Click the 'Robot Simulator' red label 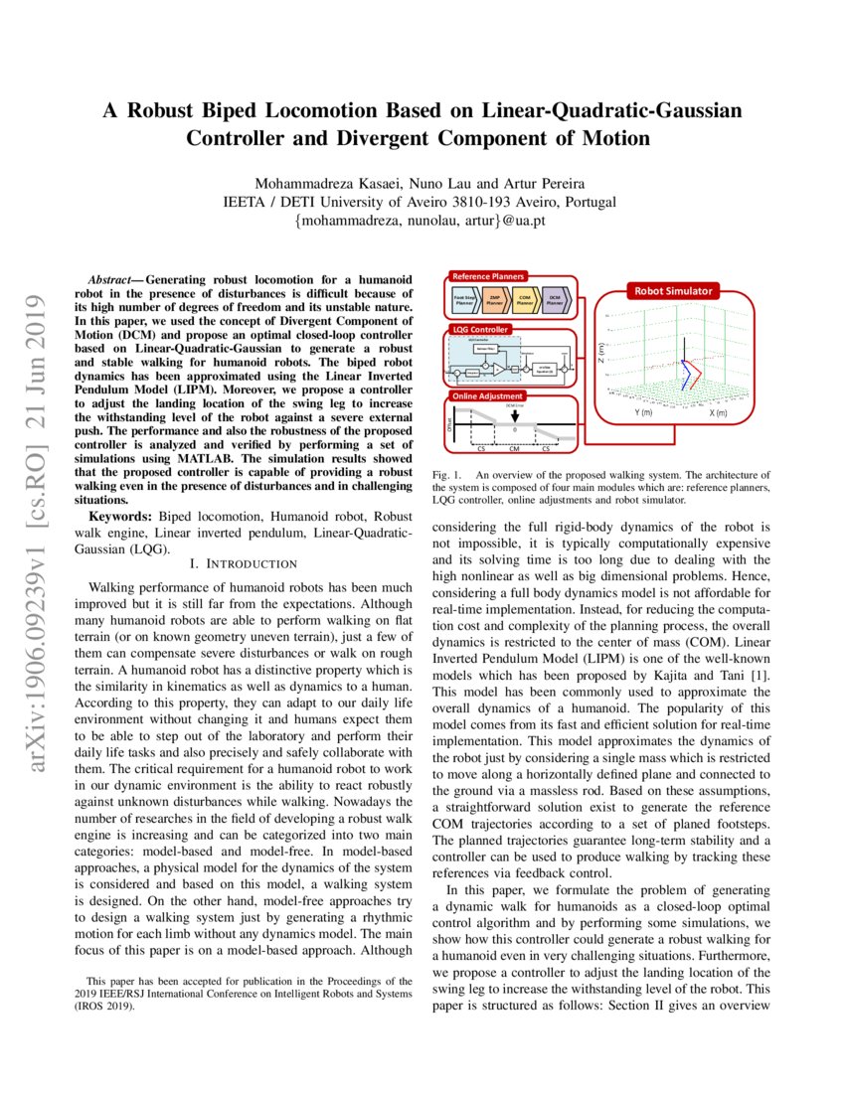675,291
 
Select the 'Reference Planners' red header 488,276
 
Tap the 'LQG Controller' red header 481,329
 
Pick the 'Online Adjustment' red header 487,397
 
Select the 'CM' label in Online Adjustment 514,448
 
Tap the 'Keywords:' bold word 116,518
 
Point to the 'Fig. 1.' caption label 446,476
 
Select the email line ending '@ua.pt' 421,220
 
